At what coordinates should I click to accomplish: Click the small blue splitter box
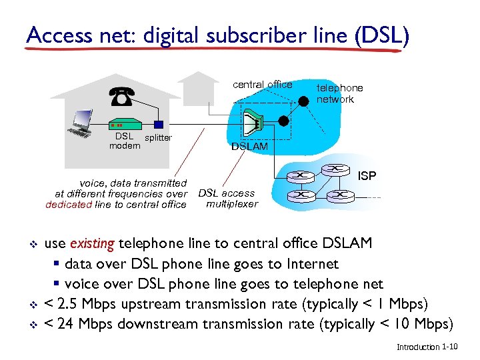158,124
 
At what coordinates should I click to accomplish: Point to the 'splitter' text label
158,138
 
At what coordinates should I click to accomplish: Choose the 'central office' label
262,85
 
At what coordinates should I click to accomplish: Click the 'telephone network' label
339,93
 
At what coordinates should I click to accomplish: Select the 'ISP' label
367,176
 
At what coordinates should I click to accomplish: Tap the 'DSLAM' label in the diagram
249,146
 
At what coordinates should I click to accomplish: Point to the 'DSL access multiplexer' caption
227,199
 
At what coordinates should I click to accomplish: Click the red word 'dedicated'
69,205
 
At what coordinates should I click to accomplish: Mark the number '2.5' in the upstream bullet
69,304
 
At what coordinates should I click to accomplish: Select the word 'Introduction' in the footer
418,347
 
